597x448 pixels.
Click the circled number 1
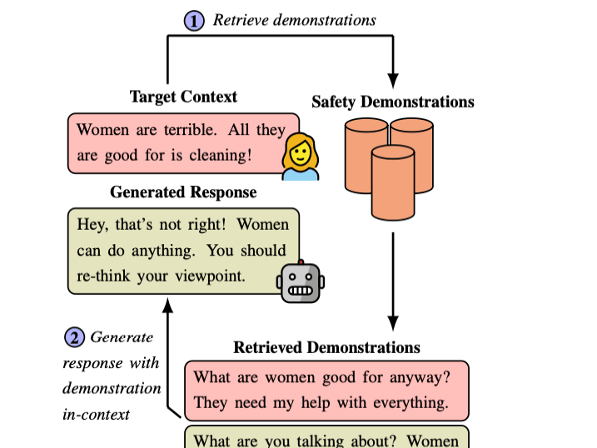tap(193, 21)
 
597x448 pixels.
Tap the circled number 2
tap(75, 338)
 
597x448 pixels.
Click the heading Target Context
tap(183, 97)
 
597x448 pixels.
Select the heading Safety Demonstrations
tap(392, 102)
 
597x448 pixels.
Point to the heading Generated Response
tap(183, 192)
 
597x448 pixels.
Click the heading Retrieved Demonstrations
tap(326, 347)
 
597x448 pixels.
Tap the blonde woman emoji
tap(300, 157)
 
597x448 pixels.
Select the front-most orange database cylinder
tap(393, 182)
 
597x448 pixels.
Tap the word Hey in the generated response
tap(92, 224)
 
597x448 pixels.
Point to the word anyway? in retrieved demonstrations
tap(420, 377)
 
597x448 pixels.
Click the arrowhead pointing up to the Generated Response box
tap(168, 307)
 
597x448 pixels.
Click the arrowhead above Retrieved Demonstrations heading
tap(394, 324)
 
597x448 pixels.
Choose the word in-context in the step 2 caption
tap(97, 414)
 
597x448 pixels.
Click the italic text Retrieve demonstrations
tap(295, 20)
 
